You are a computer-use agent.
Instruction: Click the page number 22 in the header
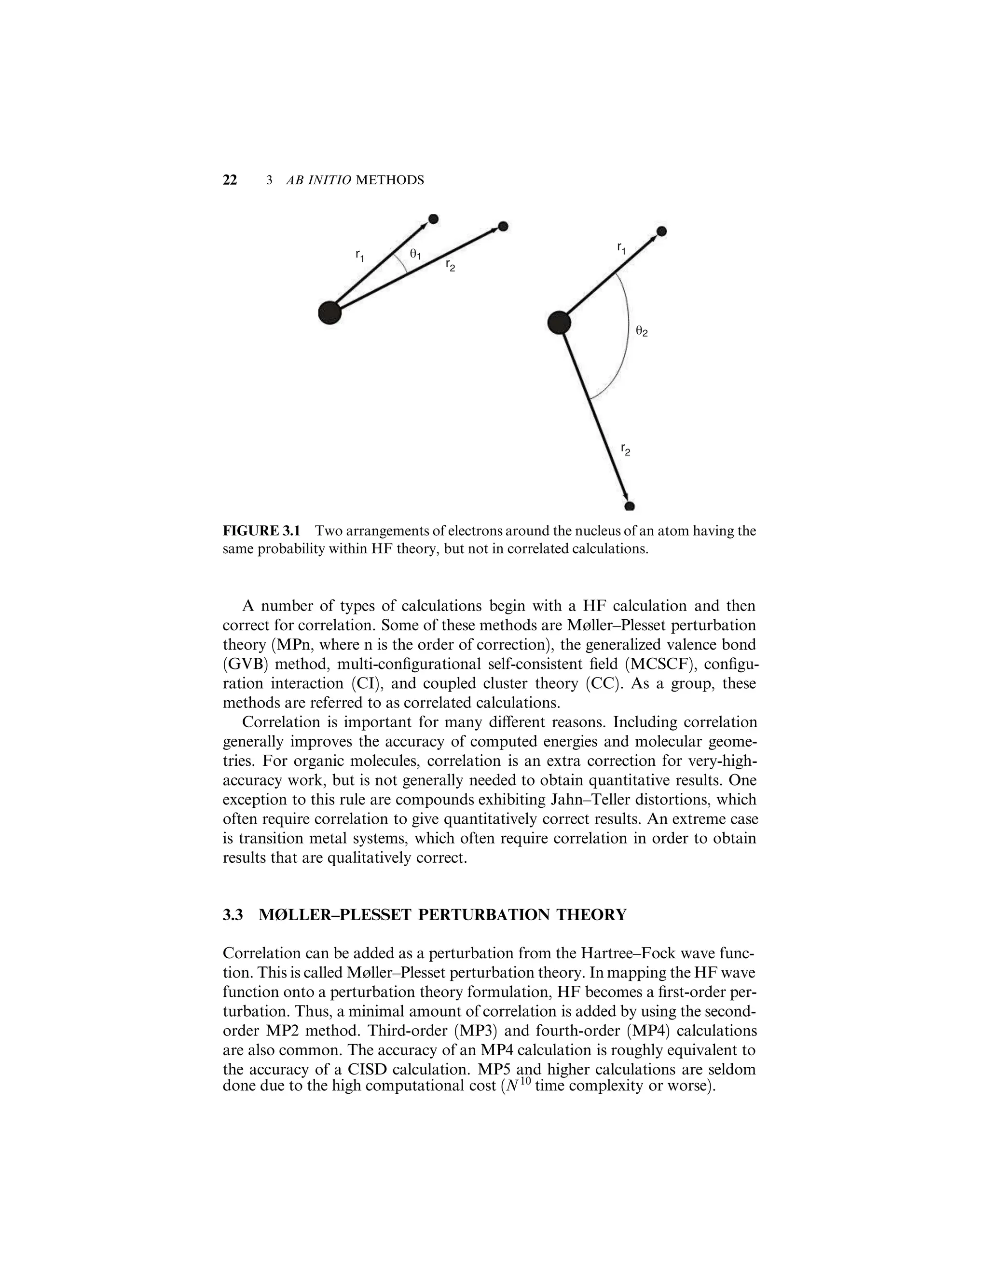[230, 180]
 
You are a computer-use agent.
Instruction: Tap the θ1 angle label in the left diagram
[415, 254]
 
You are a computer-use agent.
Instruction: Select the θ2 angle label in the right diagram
[642, 331]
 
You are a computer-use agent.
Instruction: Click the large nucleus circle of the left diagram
[329, 313]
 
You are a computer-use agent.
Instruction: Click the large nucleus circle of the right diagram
[559, 323]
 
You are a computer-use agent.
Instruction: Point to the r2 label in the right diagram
[626, 450]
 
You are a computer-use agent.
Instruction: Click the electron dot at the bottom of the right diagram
[630, 506]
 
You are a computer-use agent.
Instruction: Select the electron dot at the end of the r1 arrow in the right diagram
[661, 231]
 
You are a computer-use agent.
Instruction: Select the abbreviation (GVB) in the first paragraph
[244, 664]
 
